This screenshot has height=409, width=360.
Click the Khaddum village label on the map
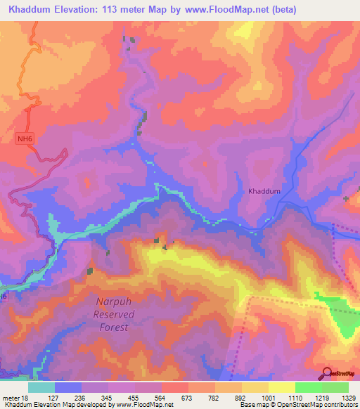coord(264,191)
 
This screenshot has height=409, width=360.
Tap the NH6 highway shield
coord(25,139)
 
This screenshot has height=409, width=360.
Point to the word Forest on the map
coord(112,327)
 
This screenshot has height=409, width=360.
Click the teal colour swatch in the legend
coord(41,387)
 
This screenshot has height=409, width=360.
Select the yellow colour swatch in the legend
coord(281,387)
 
